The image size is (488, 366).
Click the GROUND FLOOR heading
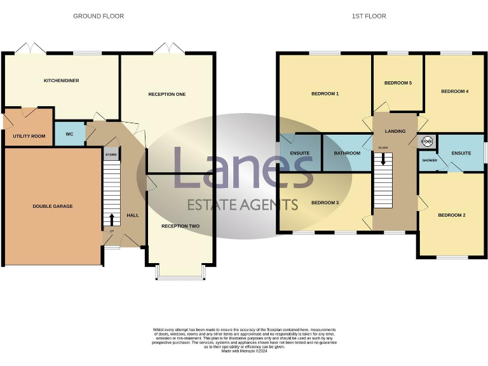coord(98,16)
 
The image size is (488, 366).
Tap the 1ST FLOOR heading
coord(369,16)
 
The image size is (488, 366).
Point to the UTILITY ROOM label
coord(29,136)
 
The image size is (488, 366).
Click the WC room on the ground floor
coord(69,134)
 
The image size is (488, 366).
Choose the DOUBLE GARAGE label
coord(53,207)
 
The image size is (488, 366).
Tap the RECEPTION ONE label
coord(166,95)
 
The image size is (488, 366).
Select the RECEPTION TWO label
coord(180,226)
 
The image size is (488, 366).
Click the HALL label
coord(133,215)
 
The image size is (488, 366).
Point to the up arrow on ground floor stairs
coord(112,220)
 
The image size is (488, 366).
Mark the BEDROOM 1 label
coord(325,94)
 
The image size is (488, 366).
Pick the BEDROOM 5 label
coord(398,83)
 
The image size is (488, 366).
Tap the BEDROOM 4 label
coord(454,91)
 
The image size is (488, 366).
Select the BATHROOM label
coord(347,153)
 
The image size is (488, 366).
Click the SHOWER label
coord(430,161)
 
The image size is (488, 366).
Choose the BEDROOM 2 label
coord(451,215)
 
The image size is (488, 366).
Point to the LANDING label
coord(395,132)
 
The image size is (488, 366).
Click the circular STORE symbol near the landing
coord(426,142)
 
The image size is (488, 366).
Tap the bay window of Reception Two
coord(180,274)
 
